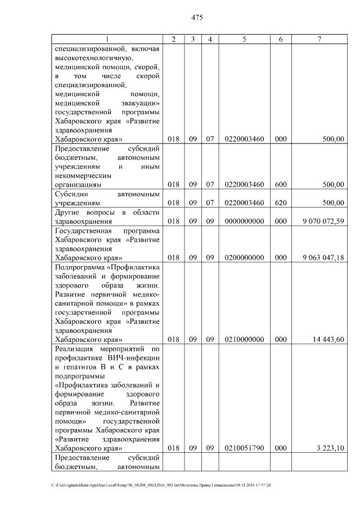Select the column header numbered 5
click(x=244, y=39)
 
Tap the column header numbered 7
click(x=319, y=39)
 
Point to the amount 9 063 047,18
click(x=322, y=258)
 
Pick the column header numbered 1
click(x=106, y=39)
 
